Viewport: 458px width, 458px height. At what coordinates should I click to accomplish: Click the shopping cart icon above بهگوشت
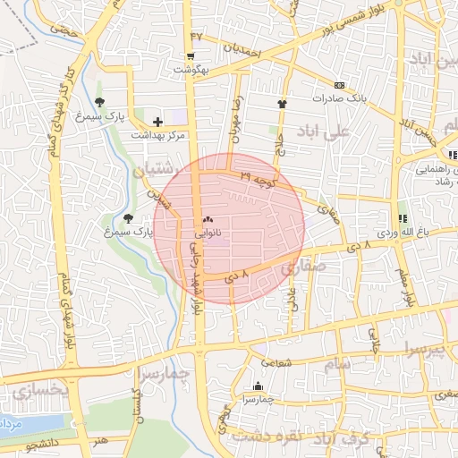tap(191, 54)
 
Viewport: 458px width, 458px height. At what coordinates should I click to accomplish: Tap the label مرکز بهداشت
tap(157, 135)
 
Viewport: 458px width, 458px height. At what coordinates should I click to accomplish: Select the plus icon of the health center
tap(158, 122)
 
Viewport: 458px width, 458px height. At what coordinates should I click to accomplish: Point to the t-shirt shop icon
tap(284, 103)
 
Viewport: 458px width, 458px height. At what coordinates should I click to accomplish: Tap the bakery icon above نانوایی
tap(209, 217)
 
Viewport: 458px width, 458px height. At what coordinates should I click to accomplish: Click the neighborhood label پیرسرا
tap(423, 347)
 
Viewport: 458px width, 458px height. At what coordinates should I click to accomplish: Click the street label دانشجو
tap(43, 443)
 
